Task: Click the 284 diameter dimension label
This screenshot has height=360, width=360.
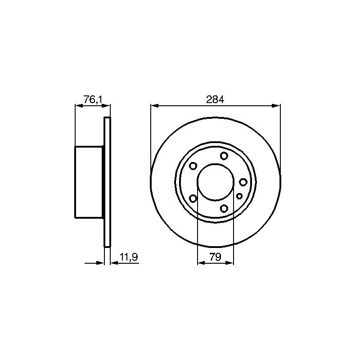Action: pos(215,99)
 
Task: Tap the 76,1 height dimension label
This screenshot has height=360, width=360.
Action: pos(92,99)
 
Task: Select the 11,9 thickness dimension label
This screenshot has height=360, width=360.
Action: pos(129,257)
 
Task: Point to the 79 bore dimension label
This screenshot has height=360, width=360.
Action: pos(215,257)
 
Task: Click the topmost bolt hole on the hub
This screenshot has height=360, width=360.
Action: pos(224,156)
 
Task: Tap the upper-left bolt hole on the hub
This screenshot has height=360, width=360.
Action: pos(193,166)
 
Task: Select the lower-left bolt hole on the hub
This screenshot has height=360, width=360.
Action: pos(193,198)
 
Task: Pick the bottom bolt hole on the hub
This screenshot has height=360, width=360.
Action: pos(224,208)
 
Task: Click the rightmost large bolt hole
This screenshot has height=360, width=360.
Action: pos(243,182)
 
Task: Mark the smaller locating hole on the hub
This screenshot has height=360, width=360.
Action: pos(239,196)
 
